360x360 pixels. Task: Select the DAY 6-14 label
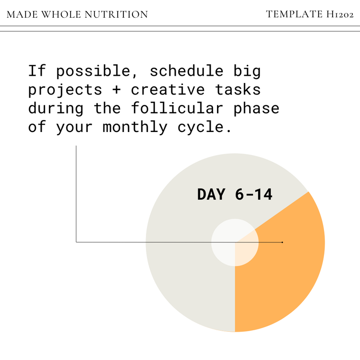pos(235,194)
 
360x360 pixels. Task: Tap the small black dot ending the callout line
pos(282,242)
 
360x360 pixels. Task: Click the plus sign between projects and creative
pos(117,90)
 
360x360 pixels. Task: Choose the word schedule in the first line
pos(186,71)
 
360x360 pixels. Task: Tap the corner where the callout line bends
pos(76,242)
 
